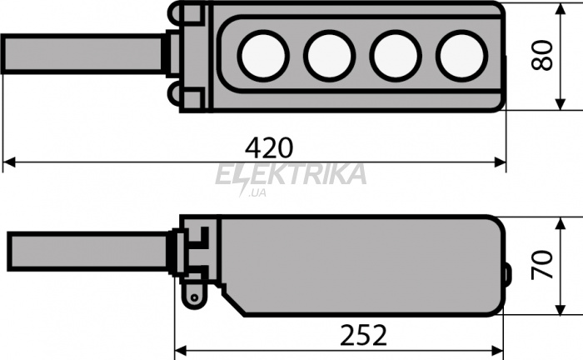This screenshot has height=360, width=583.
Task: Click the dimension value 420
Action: pos(269,147)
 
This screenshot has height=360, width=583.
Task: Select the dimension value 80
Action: pos(541,55)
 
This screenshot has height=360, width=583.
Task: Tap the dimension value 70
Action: pos(541,265)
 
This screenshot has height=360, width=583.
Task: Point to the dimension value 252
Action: pos(363,336)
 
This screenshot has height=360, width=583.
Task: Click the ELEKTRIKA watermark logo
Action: pos(291,174)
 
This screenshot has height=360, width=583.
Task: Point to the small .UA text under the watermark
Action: pos(257,193)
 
